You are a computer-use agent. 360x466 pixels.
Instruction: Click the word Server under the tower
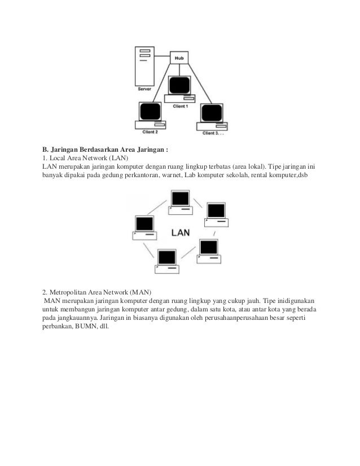[x=145, y=89]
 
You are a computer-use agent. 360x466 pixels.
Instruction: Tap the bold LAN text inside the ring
[x=180, y=232]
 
